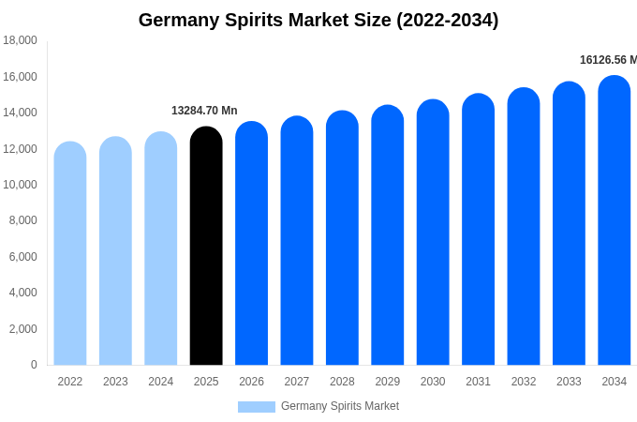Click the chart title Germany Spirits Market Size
tap(318, 20)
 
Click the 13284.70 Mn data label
tap(204, 111)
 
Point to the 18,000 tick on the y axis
tap(20, 40)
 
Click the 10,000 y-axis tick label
tap(20, 185)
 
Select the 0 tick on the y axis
tap(34, 365)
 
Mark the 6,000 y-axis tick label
tap(22, 257)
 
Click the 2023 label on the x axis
tap(115, 382)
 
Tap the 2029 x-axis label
tap(388, 382)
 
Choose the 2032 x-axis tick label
tap(524, 382)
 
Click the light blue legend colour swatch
tap(257, 407)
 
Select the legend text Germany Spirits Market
tap(340, 406)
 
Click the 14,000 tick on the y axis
tap(20, 113)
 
